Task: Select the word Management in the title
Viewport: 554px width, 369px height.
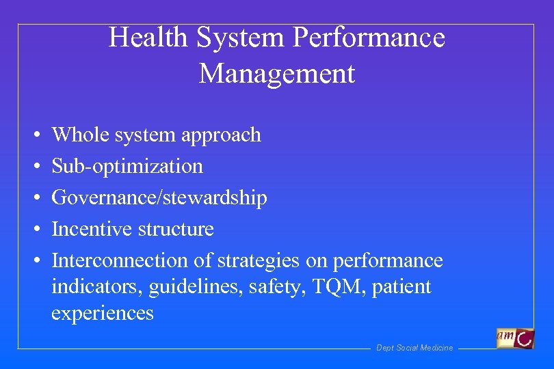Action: point(277,73)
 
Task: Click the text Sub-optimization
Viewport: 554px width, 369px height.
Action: point(127,166)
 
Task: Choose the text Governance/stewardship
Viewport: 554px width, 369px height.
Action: point(159,197)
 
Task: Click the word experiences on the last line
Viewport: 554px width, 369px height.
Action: point(103,313)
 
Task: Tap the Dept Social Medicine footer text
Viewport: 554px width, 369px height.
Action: point(414,348)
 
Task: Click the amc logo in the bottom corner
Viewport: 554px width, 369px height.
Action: point(516,338)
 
